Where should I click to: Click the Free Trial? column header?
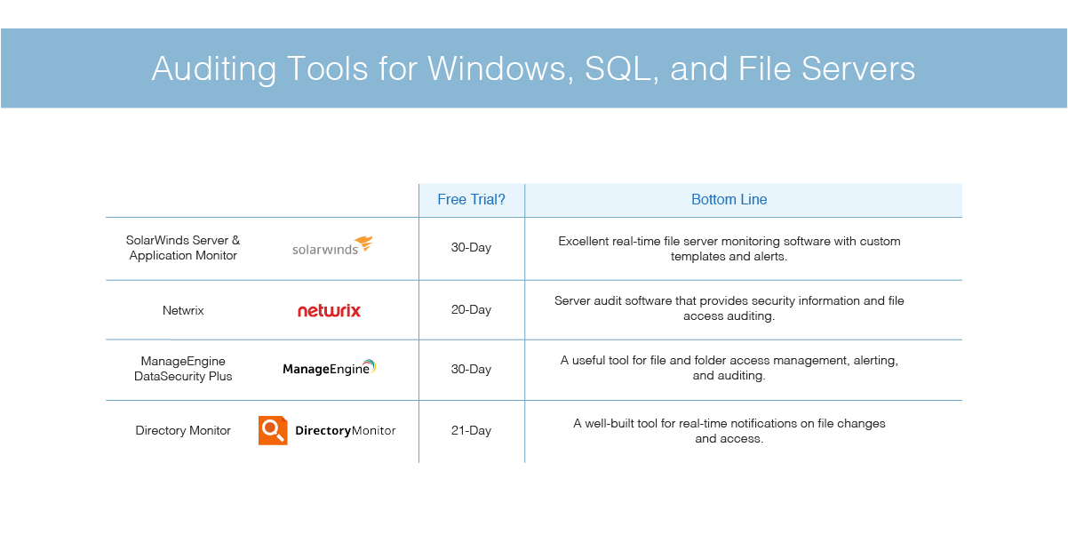pos(471,199)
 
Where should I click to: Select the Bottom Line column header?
pos(729,199)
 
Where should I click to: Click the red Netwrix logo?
pos(329,310)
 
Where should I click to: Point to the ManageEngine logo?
pos(330,368)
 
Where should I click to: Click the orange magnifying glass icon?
pos(273,430)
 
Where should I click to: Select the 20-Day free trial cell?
pos(471,309)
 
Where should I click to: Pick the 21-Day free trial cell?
pos(471,430)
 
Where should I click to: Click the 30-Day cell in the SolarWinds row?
pos(471,248)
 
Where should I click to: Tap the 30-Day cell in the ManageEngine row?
pos(471,369)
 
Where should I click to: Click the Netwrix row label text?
pos(183,310)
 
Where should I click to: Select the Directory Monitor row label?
pos(183,430)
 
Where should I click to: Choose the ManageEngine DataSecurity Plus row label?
pos(183,369)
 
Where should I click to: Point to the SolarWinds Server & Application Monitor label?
pos(183,248)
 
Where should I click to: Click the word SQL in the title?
pos(621,69)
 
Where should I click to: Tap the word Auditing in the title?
pos(214,68)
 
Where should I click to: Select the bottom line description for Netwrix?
pos(729,308)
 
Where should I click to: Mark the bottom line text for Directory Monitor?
pos(729,431)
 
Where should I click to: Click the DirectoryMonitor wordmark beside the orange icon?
pos(346,430)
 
